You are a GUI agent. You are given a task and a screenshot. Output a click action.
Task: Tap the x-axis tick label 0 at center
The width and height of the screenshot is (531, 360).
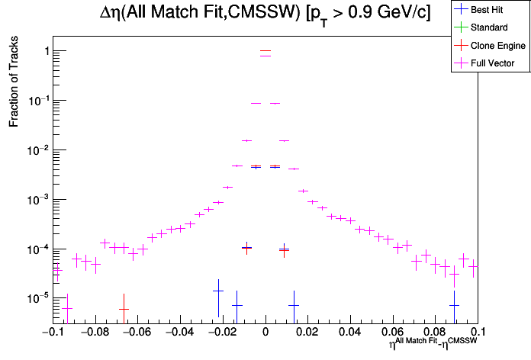click(265, 333)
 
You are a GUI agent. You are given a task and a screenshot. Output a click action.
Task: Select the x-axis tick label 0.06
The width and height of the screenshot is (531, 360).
click(394, 333)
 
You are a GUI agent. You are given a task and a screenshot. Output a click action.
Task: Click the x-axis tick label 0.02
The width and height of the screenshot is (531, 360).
click(308, 333)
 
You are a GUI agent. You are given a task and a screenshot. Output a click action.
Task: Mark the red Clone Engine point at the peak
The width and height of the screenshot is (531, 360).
click(265, 51)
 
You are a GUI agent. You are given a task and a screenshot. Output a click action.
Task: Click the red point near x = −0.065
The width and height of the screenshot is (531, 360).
click(124, 309)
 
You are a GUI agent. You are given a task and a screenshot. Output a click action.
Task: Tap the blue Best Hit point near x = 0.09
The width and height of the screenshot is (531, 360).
click(454, 305)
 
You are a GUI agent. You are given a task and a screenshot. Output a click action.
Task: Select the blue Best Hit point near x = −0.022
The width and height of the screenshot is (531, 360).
click(218, 291)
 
